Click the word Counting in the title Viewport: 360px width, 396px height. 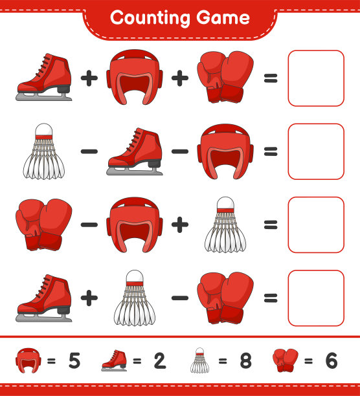click(150, 17)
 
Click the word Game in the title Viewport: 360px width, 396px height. click(223, 17)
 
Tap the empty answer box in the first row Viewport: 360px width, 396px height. click(316, 78)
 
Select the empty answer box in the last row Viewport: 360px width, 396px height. click(316, 298)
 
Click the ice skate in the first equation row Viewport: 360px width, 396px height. click(44, 77)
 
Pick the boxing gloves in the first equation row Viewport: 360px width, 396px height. click(225, 77)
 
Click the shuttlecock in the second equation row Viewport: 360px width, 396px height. click(44, 151)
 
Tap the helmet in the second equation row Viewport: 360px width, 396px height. click(225, 151)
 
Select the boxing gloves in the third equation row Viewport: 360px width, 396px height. click(44, 225)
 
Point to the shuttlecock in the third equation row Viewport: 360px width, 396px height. click(225, 225)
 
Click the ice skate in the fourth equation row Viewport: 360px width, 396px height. click(44, 298)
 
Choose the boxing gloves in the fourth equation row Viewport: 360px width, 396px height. click(225, 298)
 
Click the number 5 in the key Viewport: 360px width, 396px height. click(74, 360)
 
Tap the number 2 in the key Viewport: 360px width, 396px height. click(160, 360)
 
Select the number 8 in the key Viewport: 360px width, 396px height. click(245, 360)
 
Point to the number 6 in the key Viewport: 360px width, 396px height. click(332, 360)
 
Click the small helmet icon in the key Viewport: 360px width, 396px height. click(27, 360)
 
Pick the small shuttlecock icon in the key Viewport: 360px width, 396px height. click(199, 360)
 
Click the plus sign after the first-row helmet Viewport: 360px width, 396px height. click(180, 78)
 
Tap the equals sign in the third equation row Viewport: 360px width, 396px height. click(271, 225)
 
